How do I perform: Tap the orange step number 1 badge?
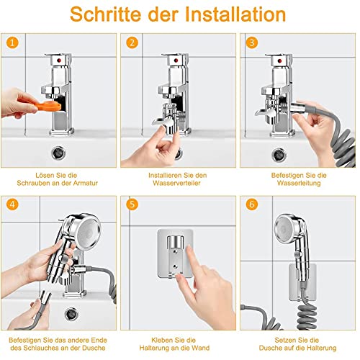pyautogui.click(x=12, y=41)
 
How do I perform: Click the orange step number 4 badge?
pyautogui.click(x=12, y=204)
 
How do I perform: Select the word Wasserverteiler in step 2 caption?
pyautogui.click(x=180, y=184)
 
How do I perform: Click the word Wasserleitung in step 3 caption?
pyautogui.click(x=299, y=184)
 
